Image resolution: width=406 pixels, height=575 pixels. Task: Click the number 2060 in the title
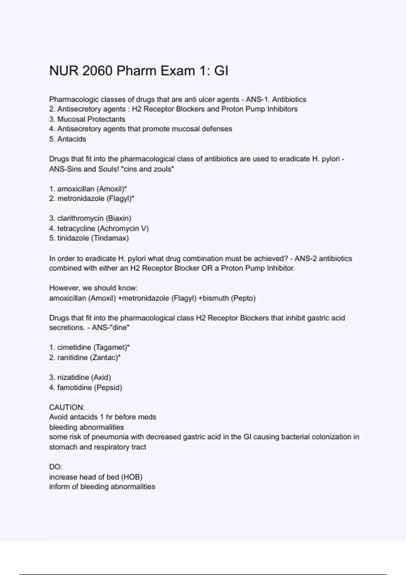pyautogui.click(x=97, y=71)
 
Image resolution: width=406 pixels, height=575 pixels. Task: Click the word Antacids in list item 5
pyautogui.click(x=72, y=139)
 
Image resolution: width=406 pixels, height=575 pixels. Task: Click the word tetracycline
pyautogui.click(x=76, y=228)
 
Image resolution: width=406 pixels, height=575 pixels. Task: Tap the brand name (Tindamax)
pyautogui.click(x=110, y=238)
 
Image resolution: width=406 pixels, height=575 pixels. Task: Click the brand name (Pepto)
pyautogui.click(x=243, y=298)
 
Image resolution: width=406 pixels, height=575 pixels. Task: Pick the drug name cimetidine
pyautogui.click(x=74, y=347)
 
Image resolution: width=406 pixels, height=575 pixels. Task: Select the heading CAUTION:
pyautogui.click(x=67, y=407)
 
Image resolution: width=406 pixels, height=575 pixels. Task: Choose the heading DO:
pyautogui.click(x=56, y=467)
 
